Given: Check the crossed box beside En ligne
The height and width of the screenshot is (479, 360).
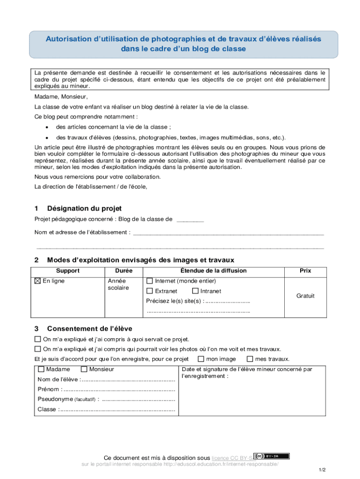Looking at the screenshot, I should pos(38,281).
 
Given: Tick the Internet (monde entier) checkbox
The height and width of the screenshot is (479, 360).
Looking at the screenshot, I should pos(150,281).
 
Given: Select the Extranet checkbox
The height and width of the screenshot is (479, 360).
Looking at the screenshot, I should pos(150,291).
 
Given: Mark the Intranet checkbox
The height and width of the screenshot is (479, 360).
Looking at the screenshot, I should pos(195,291).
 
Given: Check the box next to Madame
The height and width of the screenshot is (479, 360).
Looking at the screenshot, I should pos(41,369).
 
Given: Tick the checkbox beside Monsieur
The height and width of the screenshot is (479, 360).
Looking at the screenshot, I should pos(84,369).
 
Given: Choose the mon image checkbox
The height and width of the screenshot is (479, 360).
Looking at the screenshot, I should pos(201,359).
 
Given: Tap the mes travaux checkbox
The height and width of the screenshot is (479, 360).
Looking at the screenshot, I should pos(250,359).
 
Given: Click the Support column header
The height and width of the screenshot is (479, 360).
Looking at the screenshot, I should pos(68,271).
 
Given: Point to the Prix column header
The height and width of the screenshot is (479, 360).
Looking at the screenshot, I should pos(305,271).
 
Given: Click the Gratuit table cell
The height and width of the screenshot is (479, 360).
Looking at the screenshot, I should pos(305,296).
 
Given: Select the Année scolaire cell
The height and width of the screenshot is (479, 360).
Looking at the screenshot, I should pos(118,284).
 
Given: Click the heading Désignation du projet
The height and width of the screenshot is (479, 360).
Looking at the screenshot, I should pos(84,208).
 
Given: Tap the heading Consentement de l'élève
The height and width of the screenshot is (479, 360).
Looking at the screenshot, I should pos(89,328).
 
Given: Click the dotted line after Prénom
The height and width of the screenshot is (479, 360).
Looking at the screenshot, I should pos(119,389).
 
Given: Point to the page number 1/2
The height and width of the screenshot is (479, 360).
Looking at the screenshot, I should pos(322,469).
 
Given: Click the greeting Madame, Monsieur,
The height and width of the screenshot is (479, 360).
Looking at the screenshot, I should pos(61,97).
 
